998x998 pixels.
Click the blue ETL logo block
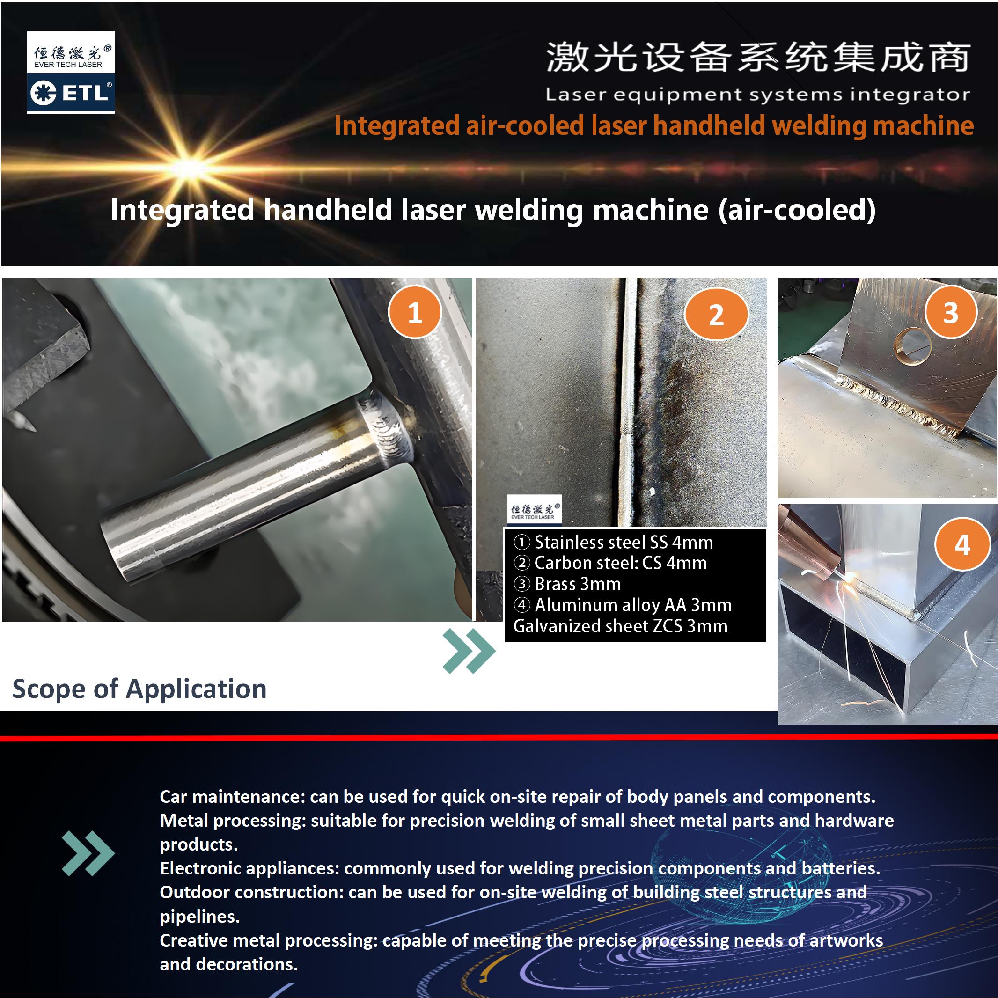tap(71, 93)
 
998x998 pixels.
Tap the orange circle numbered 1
tap(415, 312)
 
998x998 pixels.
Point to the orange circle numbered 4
tap(962, 544)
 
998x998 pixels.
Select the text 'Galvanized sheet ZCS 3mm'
tap(620, 626)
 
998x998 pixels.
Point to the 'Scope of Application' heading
tap(139, 689)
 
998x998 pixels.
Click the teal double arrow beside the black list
tap(469, 651)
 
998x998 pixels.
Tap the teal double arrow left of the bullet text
tap(88, 853)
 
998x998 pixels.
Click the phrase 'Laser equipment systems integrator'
tap(758, 95)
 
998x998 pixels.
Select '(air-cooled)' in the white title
tap(797, 210)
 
